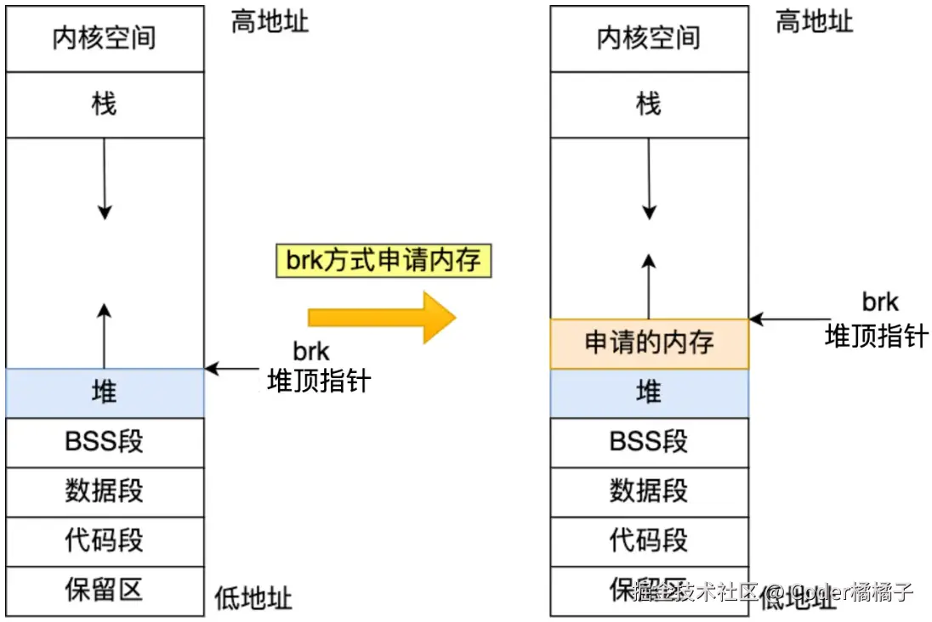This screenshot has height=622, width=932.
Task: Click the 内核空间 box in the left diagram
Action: (105, 39)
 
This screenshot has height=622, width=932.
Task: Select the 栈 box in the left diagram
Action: (105, 105)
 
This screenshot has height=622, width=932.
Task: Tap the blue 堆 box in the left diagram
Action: (105, 393)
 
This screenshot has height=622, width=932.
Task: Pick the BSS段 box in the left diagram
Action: (105, 442)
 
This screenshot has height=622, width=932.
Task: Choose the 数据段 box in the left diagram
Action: (105, 491)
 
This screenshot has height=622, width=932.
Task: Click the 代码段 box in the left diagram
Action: (105, 540)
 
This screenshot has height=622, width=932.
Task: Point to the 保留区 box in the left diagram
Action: (105, 590)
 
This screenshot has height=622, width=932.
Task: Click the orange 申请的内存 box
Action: (649, 343)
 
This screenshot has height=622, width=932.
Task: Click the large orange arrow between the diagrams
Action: (383, 317)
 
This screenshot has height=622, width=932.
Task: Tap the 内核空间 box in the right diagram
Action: (649, 39)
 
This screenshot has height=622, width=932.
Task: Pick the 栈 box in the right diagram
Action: (649, 105)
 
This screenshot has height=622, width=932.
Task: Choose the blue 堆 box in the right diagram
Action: (649, 393)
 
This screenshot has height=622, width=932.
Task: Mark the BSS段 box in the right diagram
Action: (649, 442)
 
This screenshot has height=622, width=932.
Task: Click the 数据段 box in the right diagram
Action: (649, 491)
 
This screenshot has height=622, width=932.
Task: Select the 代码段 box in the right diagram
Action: (649, 540)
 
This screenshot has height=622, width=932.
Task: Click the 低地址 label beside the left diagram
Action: (253, 597)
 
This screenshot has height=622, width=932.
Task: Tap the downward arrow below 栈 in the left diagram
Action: (104, 178)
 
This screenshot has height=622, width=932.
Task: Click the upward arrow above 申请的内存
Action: (649, 285)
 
